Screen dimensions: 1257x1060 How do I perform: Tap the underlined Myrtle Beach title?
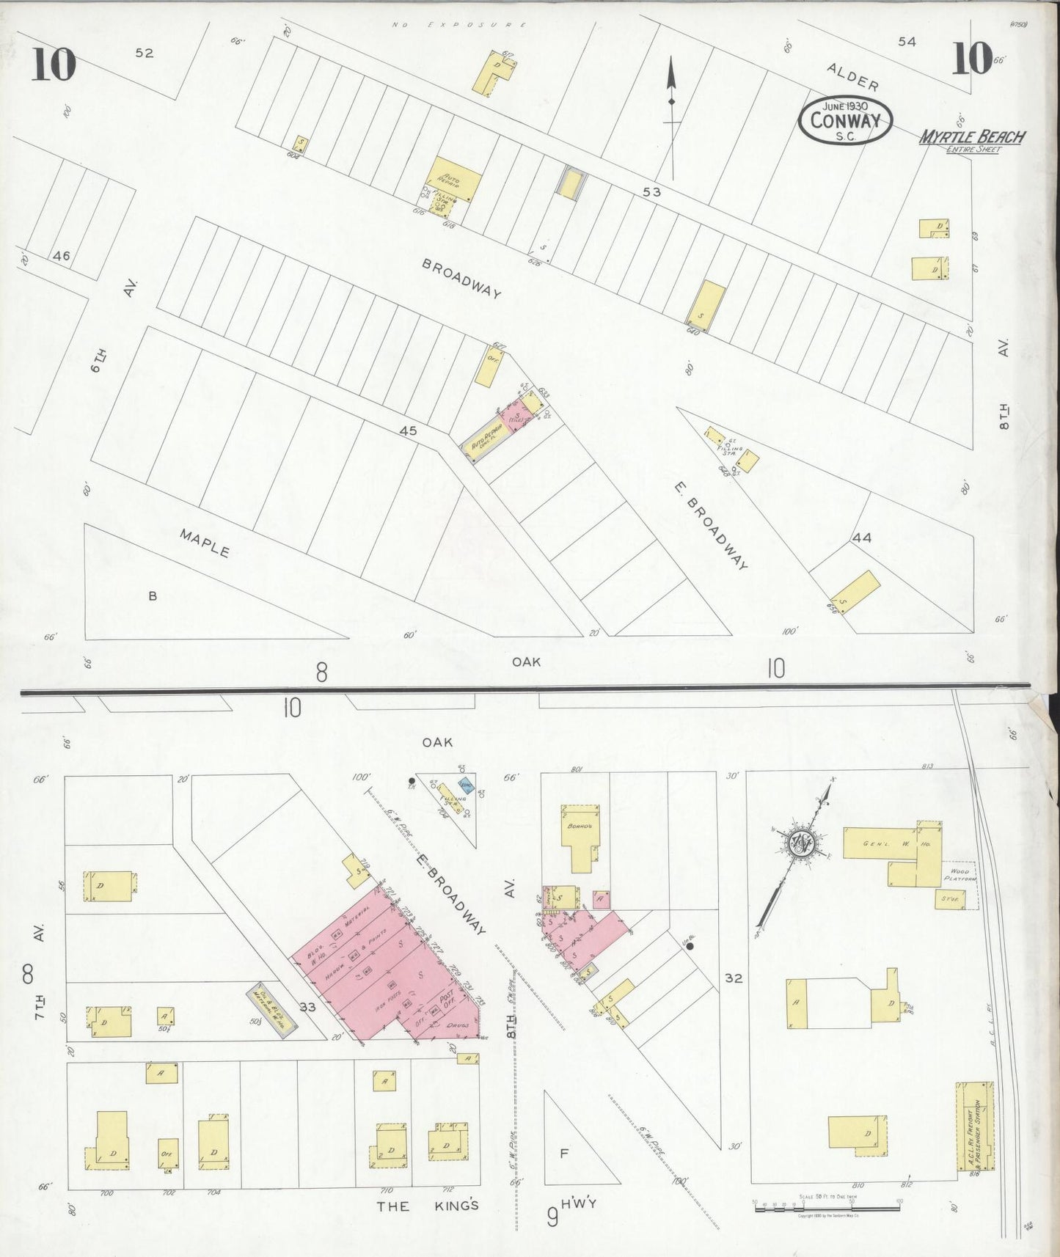tap(973, 137)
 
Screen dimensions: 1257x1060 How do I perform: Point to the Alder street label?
tap(852, 76)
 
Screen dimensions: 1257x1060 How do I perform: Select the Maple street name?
tap(205, 542)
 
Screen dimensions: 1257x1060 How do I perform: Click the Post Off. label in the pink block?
tap(445, 1002)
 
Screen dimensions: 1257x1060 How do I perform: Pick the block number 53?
tap(651, 192)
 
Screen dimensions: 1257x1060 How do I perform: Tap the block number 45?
tap(408, 430)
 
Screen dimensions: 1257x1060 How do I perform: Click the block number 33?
tap(307, 1007)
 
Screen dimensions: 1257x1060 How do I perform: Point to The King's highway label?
tap(428, 1206)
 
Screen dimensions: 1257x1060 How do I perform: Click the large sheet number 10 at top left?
tap(54, 65)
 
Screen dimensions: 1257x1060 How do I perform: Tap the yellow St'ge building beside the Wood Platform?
tap(950, 898)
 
